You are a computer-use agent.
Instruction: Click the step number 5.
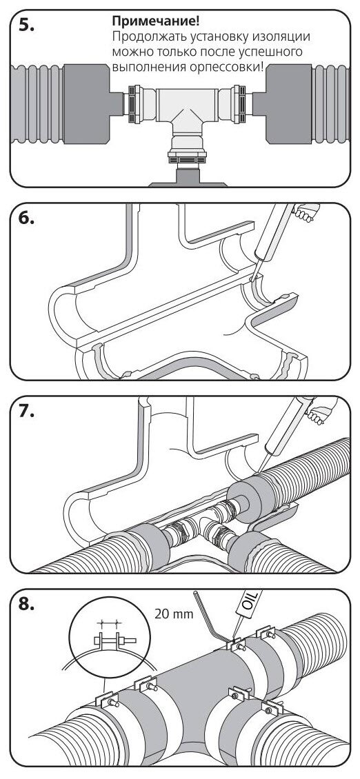pos(26,26)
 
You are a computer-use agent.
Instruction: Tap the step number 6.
pos(26,219)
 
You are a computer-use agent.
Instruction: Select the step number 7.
pos(26,412)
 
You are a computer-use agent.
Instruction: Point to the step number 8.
pos(26,605)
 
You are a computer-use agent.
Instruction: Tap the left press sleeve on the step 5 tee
pos(134,104)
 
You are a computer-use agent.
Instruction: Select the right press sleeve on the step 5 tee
pos(239,104)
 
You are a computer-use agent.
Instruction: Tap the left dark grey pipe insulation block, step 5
pos(86,104)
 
